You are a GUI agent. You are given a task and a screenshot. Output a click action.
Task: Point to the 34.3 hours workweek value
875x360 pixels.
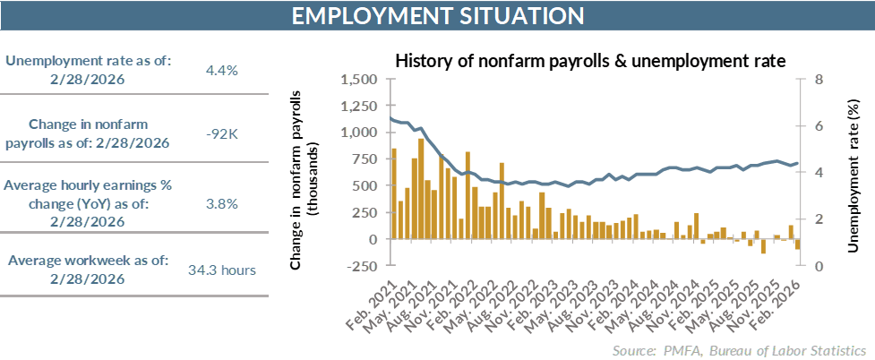click(x=222, y=270)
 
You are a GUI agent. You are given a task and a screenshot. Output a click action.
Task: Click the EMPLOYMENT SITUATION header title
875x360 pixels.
click(x=437, y=16)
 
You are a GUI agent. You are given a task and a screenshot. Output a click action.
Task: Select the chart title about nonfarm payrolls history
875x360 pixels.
click(x=590, y=61)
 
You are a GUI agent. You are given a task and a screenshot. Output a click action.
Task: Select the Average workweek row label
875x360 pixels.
click(x=88, y=269)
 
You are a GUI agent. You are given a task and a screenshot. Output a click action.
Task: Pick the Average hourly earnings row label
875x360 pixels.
click(x=88, y=203)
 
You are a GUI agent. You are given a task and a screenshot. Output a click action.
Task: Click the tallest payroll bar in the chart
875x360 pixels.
click(x=421, y=189)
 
